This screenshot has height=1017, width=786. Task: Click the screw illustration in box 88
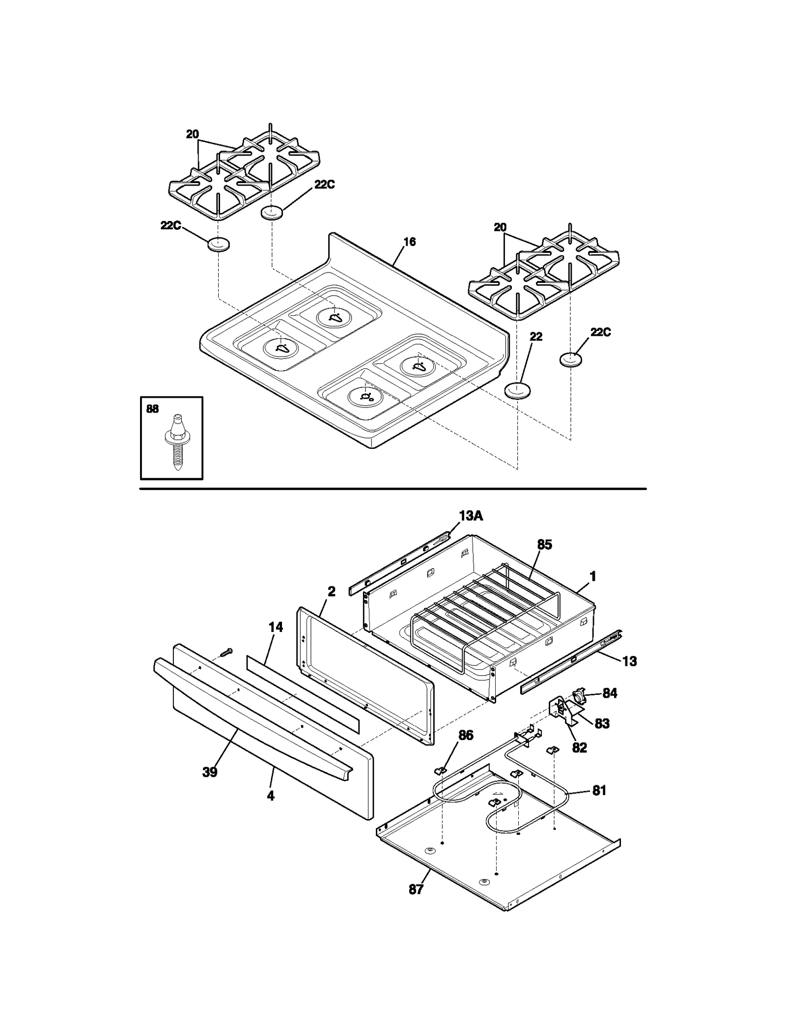point(175,442)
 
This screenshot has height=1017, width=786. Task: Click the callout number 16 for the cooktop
point(409,242)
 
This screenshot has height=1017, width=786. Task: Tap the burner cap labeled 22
point(517,391)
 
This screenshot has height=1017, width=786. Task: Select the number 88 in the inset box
point(152,409)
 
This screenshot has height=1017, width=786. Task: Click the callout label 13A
point(471,516)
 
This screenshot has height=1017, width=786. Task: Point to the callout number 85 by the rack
point(544,545)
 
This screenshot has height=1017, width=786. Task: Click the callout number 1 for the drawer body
point(593,576)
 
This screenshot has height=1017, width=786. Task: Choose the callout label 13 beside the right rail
point(629,661)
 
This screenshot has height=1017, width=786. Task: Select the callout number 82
point(579,747)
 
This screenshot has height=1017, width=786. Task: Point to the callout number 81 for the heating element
point(599,791)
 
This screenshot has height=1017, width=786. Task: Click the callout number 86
point(466,735)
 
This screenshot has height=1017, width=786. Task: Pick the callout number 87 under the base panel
point(416,889)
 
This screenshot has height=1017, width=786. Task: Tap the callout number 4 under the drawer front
point(270,796)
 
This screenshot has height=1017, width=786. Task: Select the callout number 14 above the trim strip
point(276,627)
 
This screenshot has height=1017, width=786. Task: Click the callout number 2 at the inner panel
point(332,592)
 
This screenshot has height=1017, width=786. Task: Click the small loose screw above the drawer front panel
point(226,652)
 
